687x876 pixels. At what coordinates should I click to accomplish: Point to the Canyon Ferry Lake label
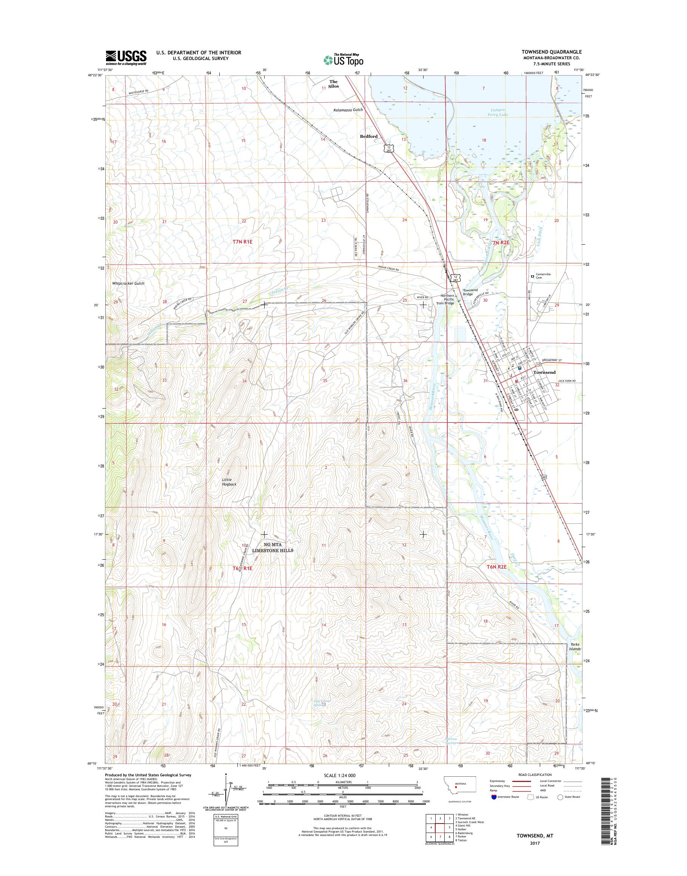point(498,112)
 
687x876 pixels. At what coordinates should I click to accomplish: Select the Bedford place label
point(368,136)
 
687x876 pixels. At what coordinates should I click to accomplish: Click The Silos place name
point(334,84)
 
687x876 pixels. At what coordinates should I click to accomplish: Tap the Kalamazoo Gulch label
point(348,110)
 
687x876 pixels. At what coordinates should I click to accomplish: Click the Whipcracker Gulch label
point(128,283)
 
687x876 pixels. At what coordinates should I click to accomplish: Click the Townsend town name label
point(544,373)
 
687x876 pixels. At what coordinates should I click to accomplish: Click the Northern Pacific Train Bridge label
point(447,299)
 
